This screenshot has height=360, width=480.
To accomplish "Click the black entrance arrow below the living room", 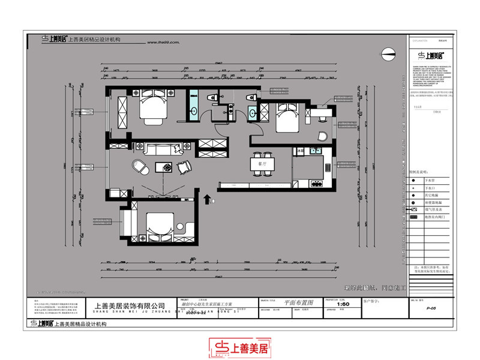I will click(208, 199).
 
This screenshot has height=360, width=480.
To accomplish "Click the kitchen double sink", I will click(317, 150).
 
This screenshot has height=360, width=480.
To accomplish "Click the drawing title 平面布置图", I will click(299, 304).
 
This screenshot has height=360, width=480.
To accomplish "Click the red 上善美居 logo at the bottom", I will click(240, 347).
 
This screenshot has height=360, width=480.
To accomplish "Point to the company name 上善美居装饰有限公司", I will click(129, 306).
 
